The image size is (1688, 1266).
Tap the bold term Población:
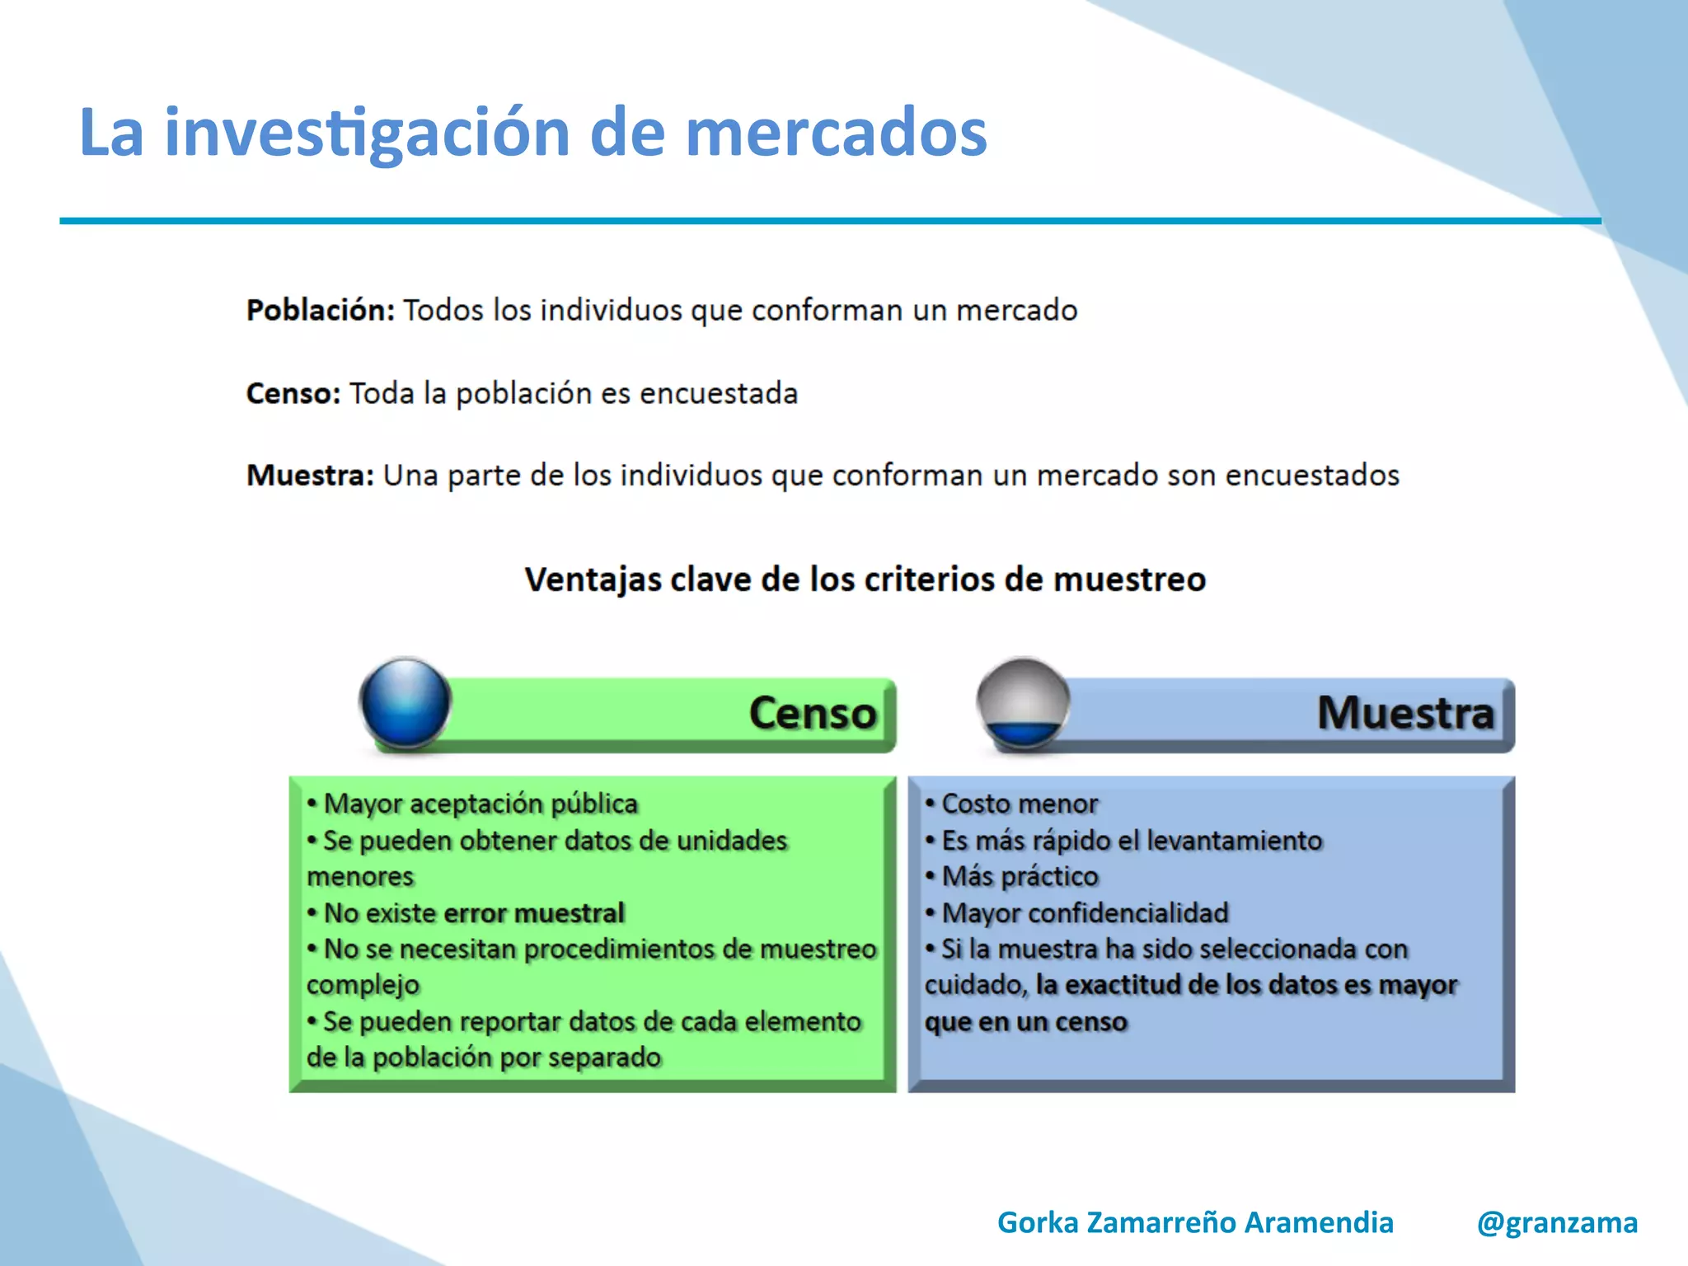(321, 311)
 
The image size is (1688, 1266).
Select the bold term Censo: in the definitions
(293, 393)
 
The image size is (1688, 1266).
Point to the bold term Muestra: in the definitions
(311, 476)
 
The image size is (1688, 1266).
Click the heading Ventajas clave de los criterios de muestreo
(865, 579)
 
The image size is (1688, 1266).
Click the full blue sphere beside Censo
(406, 703)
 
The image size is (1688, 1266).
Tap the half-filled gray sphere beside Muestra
(1023, 703)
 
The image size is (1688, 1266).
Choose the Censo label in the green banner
(812, 713)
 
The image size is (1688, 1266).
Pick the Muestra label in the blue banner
(1405, 713)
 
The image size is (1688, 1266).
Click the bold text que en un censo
(1025, 1022)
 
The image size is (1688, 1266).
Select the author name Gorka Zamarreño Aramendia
(1195, 1222)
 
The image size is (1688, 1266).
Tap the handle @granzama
(1557, 1222)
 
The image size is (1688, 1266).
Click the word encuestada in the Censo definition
(718, 393)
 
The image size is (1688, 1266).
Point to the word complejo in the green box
(363, 985)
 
